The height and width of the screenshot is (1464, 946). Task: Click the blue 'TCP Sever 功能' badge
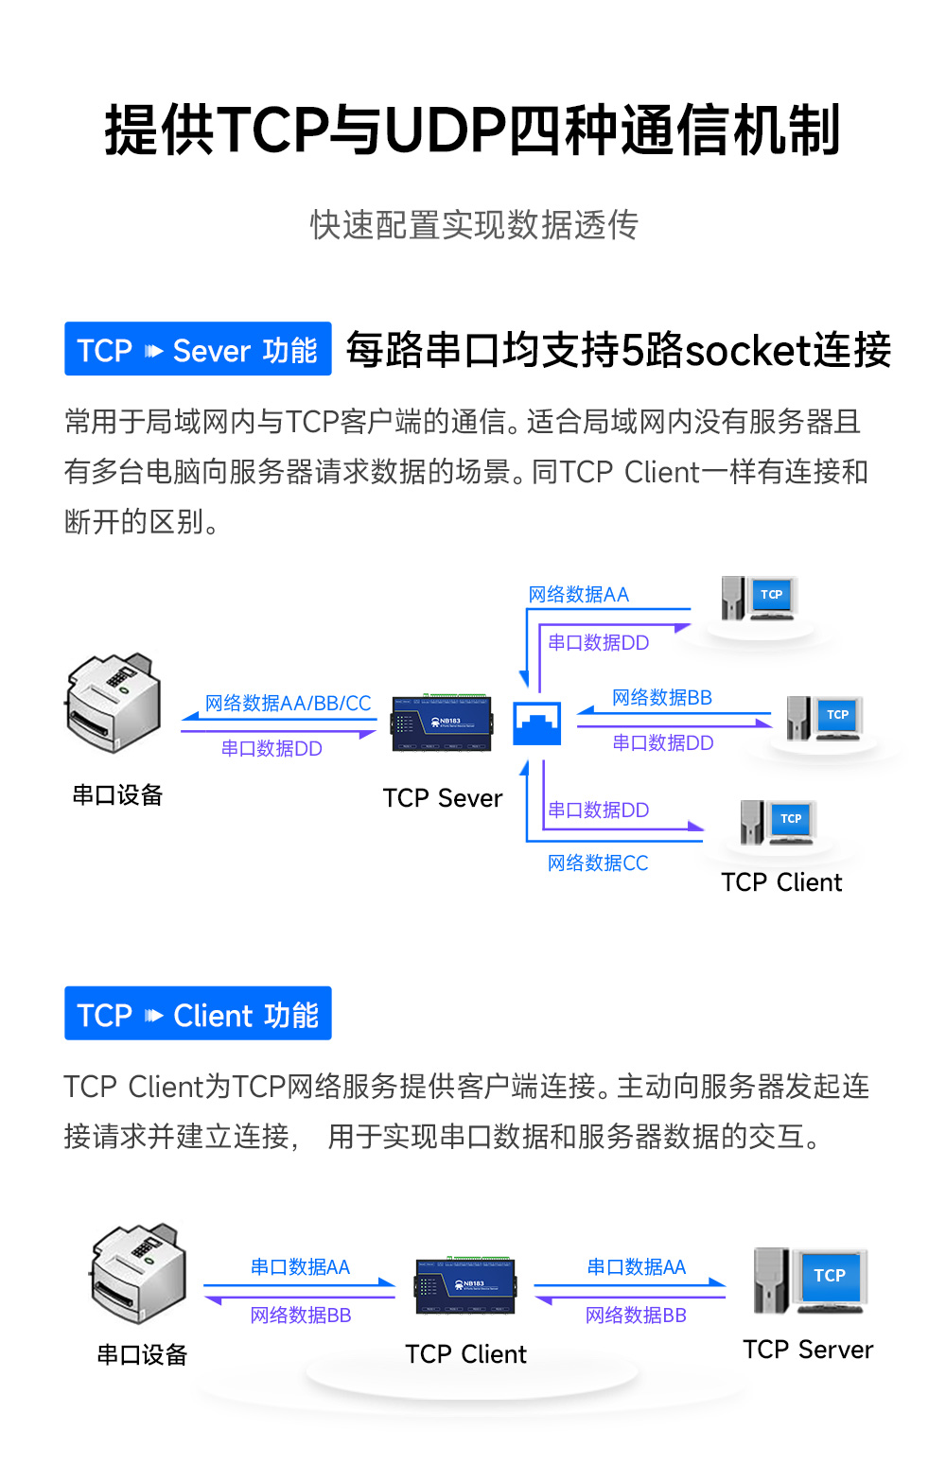click(x=198, y=349)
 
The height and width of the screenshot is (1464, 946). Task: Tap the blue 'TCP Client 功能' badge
click(x=198, y=1014)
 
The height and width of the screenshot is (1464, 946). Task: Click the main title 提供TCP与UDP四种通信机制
click(x=472, y=130)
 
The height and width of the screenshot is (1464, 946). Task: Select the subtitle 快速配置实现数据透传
click(x=474, y=225)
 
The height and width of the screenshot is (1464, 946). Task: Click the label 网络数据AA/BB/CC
click(x=288, y=704)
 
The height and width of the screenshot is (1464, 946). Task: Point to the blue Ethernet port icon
click(x=536, y=723)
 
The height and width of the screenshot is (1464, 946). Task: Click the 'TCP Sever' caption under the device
click(x=442, y=798)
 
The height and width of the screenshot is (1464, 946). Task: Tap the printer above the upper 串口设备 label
click(x=113, y=702)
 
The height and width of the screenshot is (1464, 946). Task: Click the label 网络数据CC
click(x=598, y=863)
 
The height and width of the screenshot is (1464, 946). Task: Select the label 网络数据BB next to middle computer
click(x=661, y=698)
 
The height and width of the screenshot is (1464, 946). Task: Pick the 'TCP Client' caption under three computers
click(x=781, y=882)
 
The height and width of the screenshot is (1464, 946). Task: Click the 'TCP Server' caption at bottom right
click(x=808, y=1350)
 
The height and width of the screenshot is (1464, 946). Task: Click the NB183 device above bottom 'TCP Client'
click(x=466, y=1286)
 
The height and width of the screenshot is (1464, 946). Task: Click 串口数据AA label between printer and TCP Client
click(x=300, y=1267)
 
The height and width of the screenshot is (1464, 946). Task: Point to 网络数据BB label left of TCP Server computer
click(x=636, y=1316)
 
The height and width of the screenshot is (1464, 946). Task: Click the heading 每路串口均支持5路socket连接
click(x=618, y=350)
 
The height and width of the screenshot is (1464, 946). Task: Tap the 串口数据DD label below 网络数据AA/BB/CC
click(x=272, y=749)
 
